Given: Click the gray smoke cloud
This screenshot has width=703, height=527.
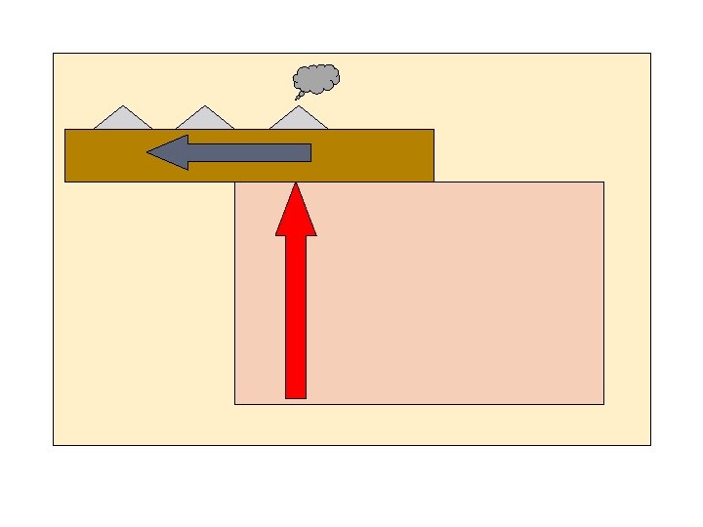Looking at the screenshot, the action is point(317,78).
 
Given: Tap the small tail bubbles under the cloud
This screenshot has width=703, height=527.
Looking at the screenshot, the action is point(299,96).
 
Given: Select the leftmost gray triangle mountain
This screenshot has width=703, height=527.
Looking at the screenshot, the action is point(123,119).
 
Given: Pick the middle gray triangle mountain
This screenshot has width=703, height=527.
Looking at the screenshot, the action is point(205,119).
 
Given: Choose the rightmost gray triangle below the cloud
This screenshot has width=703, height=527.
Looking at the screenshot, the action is point(298,119).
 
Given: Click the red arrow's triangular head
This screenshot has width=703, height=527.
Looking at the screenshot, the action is point(296,213).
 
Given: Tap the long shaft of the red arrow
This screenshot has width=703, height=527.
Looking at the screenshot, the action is point(296,312).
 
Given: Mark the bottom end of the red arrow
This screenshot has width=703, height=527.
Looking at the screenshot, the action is point(296,395).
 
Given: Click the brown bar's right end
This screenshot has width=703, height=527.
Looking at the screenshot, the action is point(431,155).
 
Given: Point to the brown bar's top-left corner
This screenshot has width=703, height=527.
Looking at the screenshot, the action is point(65,130).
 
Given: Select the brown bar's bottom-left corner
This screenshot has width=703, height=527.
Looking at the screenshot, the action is point(65,181).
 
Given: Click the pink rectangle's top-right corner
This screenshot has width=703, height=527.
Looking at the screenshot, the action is point(602,182).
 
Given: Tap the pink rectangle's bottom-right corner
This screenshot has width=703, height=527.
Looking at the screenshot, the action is point(602,402).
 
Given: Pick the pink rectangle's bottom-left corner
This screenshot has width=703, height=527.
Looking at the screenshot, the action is point(235,402).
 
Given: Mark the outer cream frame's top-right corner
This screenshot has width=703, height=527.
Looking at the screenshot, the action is point(649,54).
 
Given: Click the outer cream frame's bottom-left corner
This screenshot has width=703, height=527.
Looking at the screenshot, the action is point(54,445).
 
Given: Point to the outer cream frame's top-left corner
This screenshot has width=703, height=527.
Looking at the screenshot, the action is point(54,54).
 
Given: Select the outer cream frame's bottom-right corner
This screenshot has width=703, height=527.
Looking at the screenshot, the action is point(649,445).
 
